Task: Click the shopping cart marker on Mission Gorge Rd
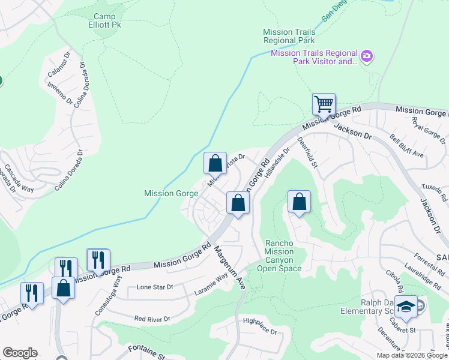pos(324,104)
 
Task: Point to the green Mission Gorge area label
pos(170,193)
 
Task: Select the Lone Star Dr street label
pos(155,287)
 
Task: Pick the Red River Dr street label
pos(152,319)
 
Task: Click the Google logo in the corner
pos(20,353)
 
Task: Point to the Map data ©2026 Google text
pos(411,355)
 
